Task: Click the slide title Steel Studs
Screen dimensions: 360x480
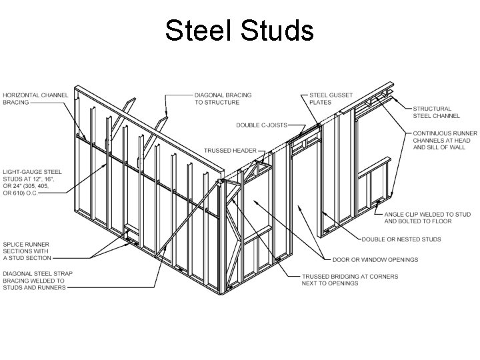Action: (239, 31)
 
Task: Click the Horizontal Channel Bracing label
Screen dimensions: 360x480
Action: (35, 99)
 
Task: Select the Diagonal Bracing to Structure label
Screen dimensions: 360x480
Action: (223, 99)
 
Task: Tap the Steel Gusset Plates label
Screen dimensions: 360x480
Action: (331, 99)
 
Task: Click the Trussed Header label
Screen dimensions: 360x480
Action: (230, 151)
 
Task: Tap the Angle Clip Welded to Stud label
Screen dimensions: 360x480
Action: (427, 217)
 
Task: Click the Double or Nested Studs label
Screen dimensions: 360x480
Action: (401, 239)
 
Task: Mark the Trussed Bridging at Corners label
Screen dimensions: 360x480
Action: (349, 279)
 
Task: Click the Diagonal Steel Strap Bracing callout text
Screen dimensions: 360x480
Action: (38, 280)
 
